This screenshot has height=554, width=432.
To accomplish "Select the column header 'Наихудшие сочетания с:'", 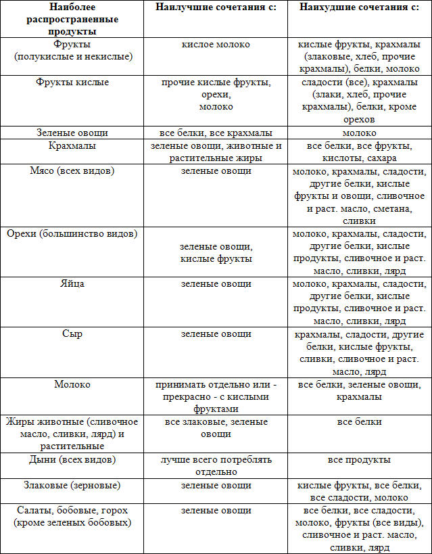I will click(359, 7).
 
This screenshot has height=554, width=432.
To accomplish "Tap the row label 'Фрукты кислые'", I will click(72, 83).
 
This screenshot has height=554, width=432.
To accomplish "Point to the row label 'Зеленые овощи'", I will click(72, 133).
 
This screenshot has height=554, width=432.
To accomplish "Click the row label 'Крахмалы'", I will click(72, 145).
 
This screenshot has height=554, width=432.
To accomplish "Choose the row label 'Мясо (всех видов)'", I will click(72, 170).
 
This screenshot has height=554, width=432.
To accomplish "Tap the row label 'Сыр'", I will click(72, 334).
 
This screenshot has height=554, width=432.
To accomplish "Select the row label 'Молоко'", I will click(72, 384).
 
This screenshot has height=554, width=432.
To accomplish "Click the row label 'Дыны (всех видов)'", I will click(72, 460).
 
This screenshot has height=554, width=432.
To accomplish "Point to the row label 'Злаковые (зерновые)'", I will click(72, 485).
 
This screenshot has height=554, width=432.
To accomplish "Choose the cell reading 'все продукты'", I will click(359, 460).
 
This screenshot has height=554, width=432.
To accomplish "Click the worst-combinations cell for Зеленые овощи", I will click(359, 133).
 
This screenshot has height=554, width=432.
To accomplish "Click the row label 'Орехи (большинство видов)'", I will click(72, 234).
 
